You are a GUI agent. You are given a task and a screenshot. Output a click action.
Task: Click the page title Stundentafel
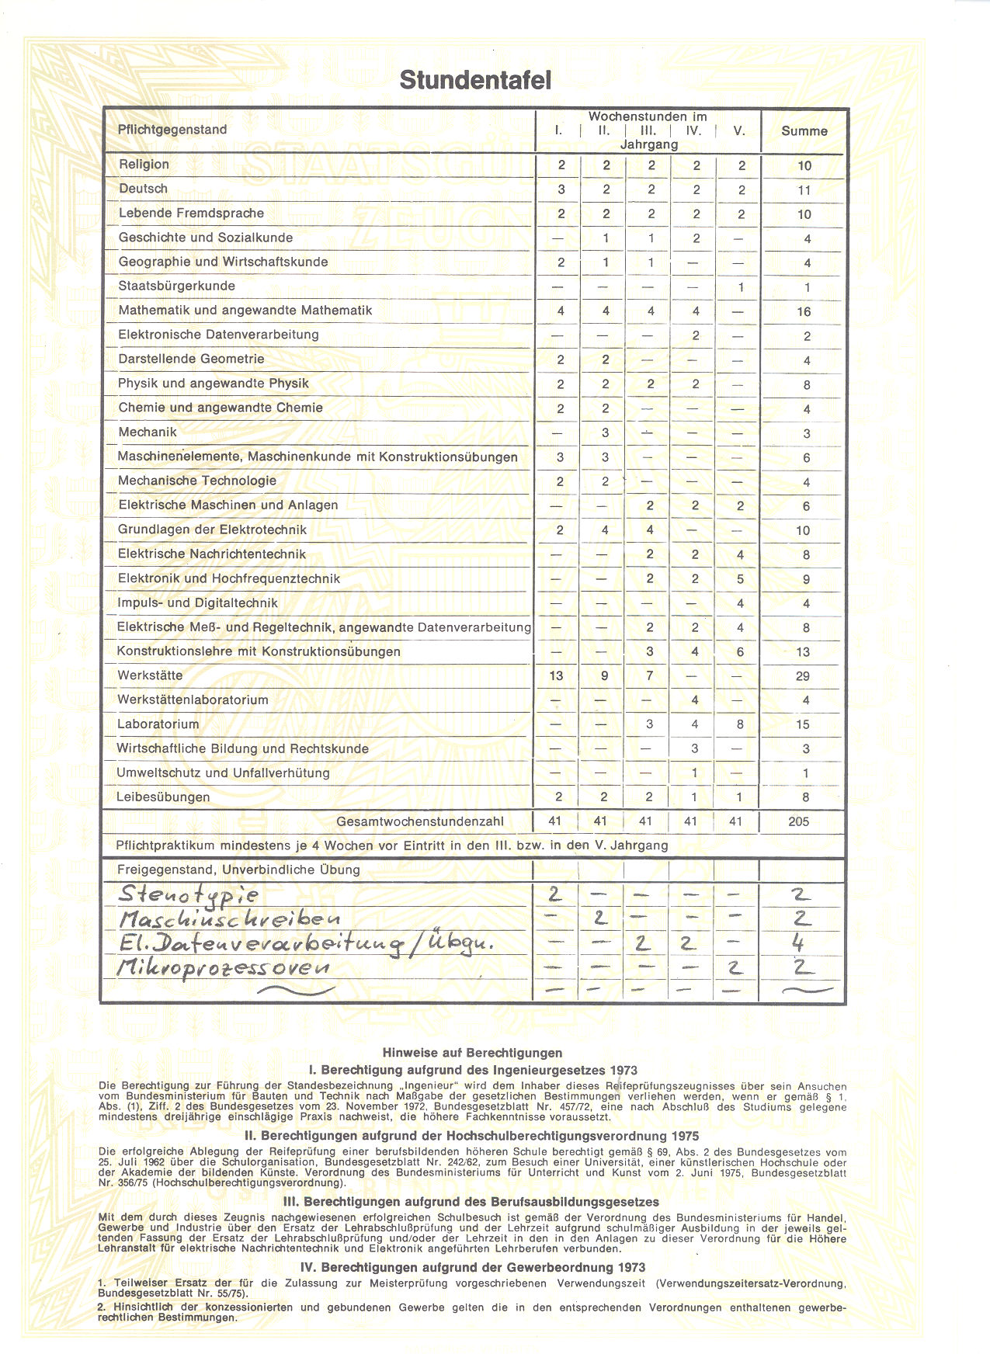pos(475,80)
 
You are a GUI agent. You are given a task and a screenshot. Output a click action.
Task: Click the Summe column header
pos(804,131)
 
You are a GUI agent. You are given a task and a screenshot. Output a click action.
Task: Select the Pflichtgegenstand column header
pos(172,130)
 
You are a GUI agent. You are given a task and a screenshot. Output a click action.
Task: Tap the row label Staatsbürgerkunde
pos(176,286)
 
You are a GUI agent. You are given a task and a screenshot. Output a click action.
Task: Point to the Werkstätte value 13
pos(556,675)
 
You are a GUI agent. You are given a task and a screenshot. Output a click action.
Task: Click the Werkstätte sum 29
pos(803,676)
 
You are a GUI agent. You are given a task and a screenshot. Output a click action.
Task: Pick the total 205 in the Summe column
pos(799,821)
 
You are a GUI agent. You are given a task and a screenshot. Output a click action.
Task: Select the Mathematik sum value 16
pos(804,311)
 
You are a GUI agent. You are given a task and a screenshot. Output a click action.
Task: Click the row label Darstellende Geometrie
pos(191,359)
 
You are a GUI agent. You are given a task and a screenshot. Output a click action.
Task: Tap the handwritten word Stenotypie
pos(189,894)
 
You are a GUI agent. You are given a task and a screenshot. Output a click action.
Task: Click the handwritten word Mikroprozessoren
pos(224,967)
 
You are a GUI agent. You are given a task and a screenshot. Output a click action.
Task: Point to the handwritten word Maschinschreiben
pos(230,919)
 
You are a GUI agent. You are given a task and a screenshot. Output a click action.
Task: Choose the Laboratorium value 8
pos(740,724)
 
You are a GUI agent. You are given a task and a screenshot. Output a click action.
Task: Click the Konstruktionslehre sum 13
pos(803,652)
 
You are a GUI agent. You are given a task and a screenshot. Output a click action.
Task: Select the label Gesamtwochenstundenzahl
pos(420,821)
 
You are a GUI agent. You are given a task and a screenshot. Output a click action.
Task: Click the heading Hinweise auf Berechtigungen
pos(472,1053)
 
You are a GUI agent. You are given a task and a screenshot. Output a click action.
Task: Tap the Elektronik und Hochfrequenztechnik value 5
pos(740,578)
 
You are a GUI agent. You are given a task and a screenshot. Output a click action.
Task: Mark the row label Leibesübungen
pos(163,797)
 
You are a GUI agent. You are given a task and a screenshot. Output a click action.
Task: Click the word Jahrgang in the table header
pos(649,144)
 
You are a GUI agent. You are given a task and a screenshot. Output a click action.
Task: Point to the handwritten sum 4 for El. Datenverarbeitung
pos(798,944)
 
